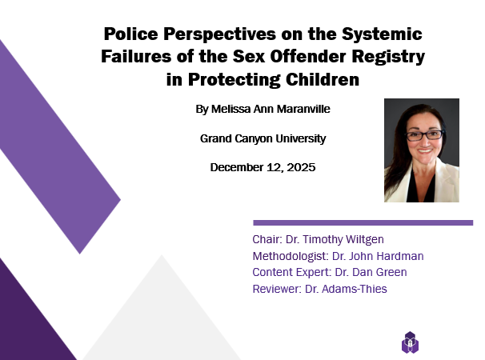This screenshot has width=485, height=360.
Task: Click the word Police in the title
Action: pyautogui.click(x=130, y=34)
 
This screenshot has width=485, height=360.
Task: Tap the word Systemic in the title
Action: pyautogui.click(x=382, y=34)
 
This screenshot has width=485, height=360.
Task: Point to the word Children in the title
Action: pyautogui.click(x=323, y=80)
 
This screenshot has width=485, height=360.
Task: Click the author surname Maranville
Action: pyautogui.click(x=303, y=109)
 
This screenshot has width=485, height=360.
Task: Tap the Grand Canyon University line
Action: pyautogui.click(x=263, y=138)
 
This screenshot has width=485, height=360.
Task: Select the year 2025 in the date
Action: pyautogui.click(x=301, y=167)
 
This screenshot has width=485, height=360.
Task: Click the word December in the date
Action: pyautogui.click(x=237, y=167)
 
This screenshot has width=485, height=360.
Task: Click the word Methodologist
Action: pyautogui.click(x=291, y=256)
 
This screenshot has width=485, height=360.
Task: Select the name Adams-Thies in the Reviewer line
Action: pyautogui.click(x=355, y=289)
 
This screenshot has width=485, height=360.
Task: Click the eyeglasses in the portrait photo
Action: pyautogui.click(x=425, y=135)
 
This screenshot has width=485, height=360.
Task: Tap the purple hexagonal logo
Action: pyautogui.click(x=410, y=342)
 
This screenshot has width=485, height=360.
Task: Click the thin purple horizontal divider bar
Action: pyautogui.click(x=363, y=222)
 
